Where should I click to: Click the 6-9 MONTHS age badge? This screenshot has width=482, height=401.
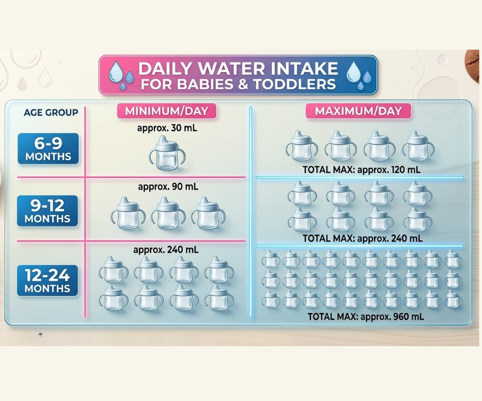click(48, 148)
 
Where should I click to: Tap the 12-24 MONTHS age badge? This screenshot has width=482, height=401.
click(47, 280)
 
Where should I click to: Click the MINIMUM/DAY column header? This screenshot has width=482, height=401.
click(167, 111)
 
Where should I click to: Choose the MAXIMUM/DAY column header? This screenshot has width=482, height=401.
click(358, 111)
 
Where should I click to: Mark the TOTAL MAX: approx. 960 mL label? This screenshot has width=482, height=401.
click(366, 317)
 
